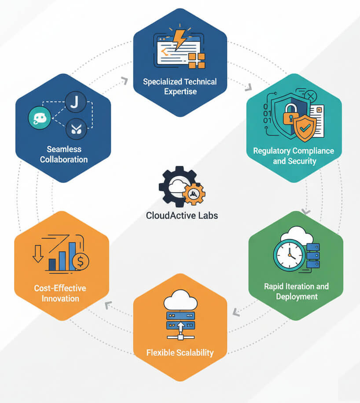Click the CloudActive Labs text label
click(x=182, y=216)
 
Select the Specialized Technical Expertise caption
click(x=180, y=86)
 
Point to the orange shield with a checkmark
click(x=304, y=128)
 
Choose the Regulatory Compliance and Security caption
click(x=294, y=156)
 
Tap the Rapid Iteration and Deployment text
click(x=296, y=291)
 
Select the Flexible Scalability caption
click(x=180, y=352)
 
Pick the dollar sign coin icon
click(x=81, y=262)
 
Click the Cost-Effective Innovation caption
click(x=60, y=293)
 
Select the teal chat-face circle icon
click(x=40, y=118)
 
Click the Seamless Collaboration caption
click(x=64, y=154)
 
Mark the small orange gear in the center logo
click(x=193, y=193)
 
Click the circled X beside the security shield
click(x=311, y=96)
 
